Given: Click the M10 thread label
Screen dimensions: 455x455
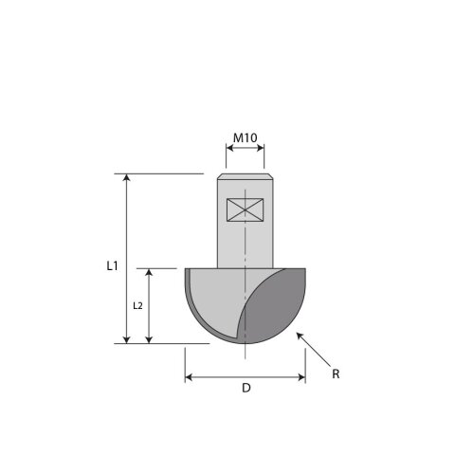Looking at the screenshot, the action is [x=246, y=137].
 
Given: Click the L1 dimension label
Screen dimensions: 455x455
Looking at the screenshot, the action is [x=112, y=266].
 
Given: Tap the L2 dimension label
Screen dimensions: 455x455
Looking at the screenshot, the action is [x=137, y=306].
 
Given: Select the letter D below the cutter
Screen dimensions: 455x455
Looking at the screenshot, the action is [x=246, y=388].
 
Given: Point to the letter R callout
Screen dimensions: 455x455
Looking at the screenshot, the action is [x=336, y=374].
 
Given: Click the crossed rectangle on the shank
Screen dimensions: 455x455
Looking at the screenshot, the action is [x=246, y=209].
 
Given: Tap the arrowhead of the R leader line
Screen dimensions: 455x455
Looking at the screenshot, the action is [x=300, y=336].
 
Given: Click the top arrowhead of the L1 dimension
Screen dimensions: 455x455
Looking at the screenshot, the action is [x=127, y=177].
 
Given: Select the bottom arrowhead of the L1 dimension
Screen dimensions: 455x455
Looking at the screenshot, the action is [x=127, y=339].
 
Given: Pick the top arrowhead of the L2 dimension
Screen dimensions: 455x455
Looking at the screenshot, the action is [x=149, y=272].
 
